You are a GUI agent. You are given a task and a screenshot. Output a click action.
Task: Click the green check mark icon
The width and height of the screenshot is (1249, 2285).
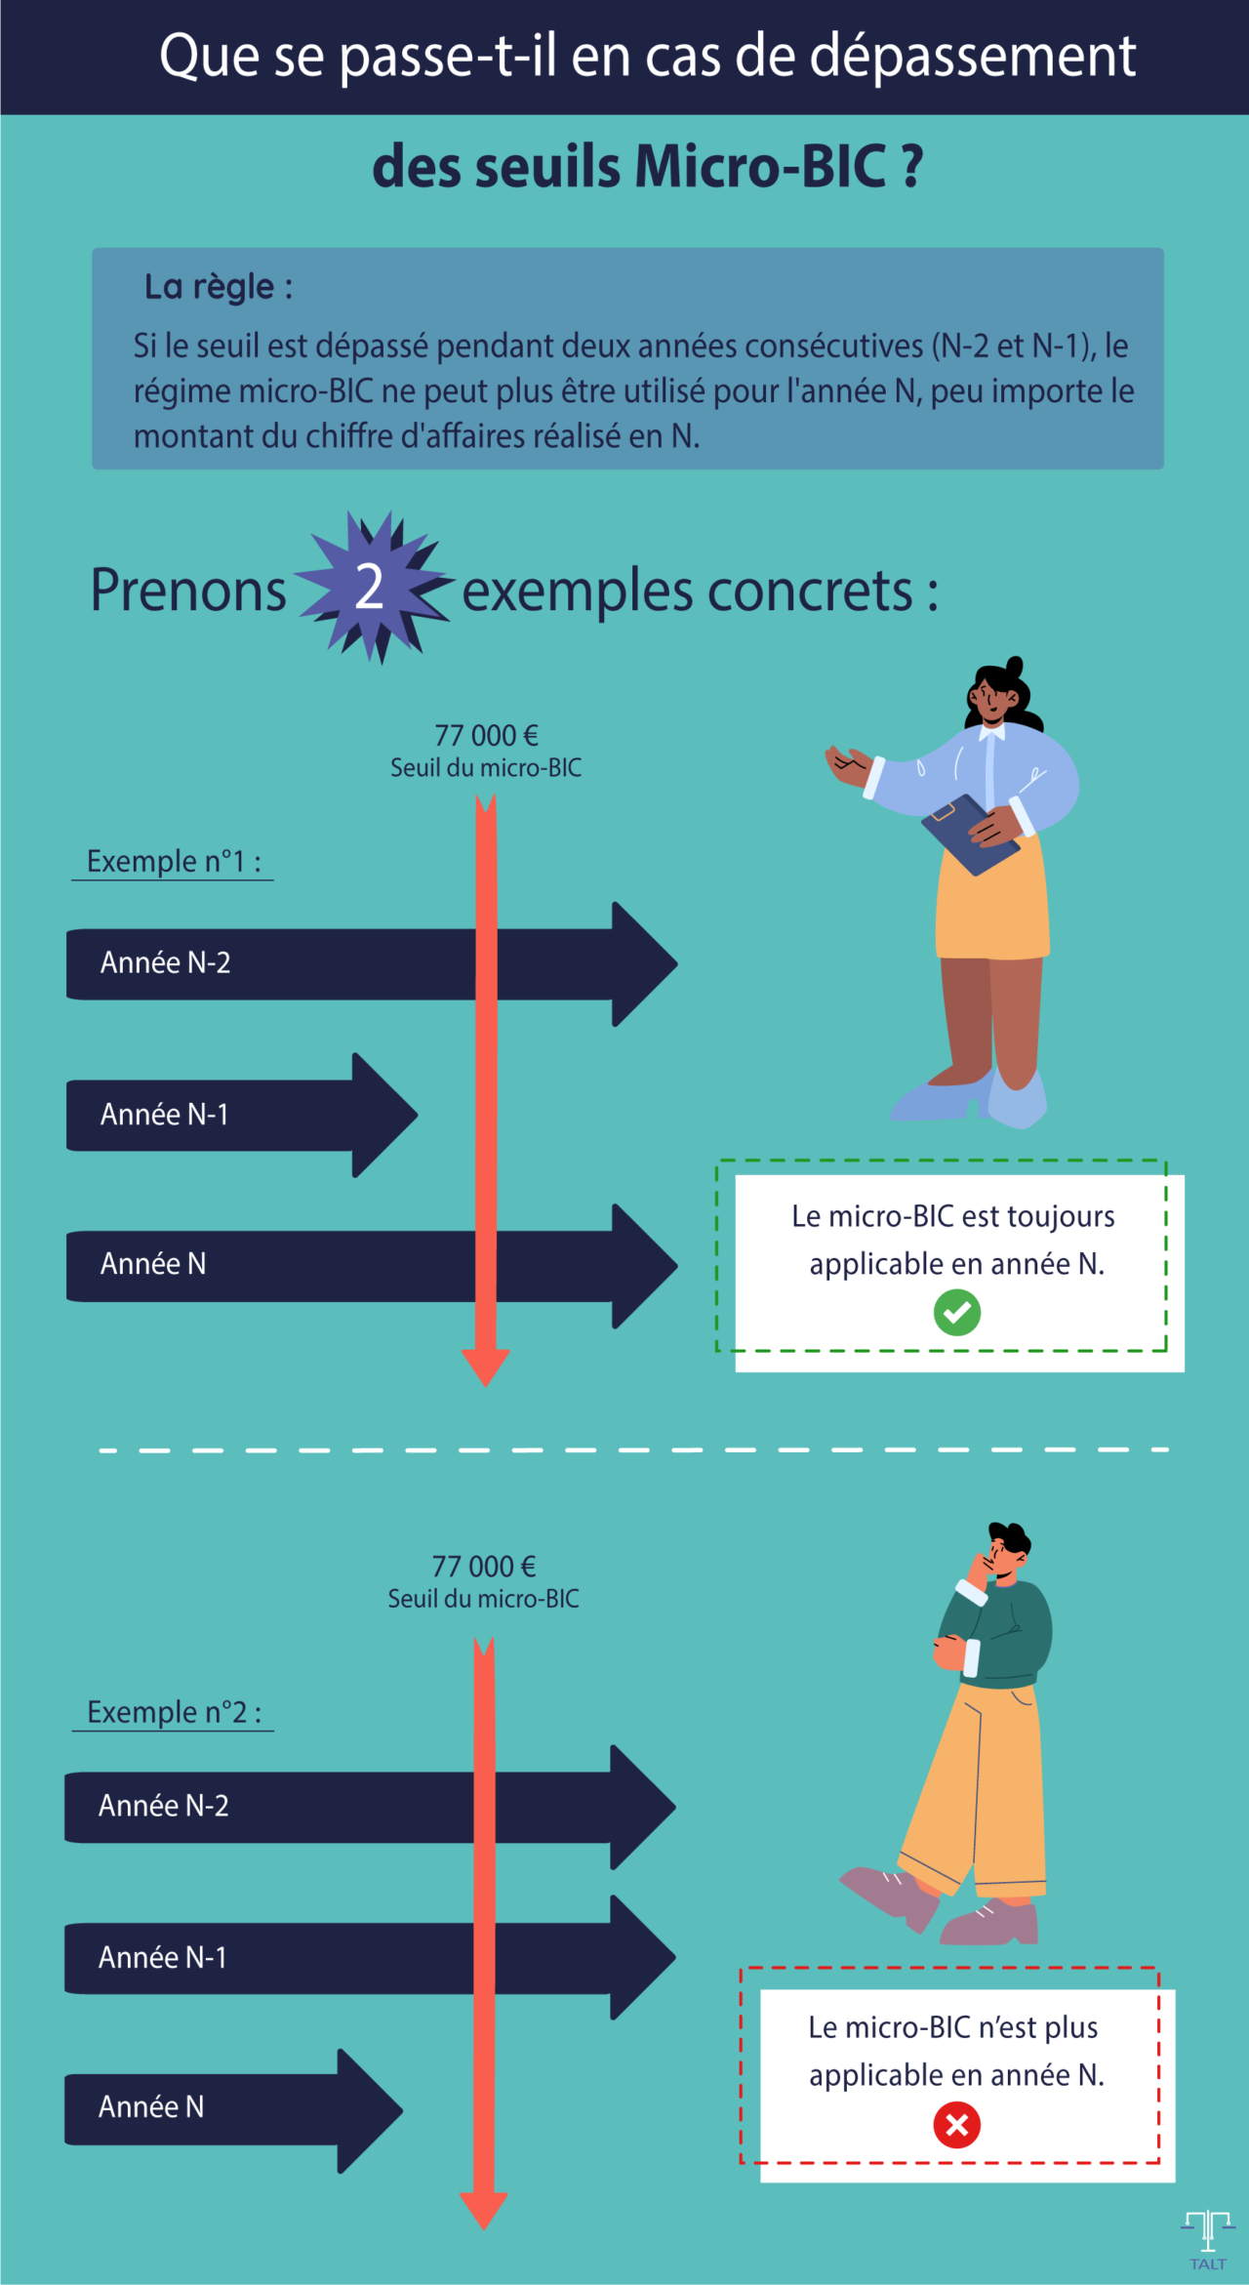tap(956, 1312)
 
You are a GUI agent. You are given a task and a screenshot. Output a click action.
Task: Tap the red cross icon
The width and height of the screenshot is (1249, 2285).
tap(956, 2125)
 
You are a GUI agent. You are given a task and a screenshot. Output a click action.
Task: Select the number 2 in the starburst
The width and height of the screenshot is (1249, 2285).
tap(369, 588)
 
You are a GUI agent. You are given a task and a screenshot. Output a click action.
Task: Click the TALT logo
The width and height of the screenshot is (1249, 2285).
tap(1208, 2239)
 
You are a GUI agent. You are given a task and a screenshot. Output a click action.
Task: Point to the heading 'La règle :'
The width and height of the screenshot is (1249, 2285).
tap(218, 287)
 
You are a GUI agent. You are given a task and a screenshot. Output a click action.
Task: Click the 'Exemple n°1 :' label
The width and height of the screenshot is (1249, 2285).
tap(173, 861)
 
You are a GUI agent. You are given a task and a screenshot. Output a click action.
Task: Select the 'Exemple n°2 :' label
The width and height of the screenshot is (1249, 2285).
tap(174, 1712)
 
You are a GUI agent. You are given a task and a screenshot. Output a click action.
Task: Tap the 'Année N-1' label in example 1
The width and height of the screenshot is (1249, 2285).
tap(164, 1114)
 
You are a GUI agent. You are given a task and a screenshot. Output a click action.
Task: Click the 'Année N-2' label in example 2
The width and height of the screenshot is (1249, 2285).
tap(163, 1806)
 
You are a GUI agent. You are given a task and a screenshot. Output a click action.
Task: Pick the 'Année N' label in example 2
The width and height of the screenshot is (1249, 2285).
tap(151, 2106)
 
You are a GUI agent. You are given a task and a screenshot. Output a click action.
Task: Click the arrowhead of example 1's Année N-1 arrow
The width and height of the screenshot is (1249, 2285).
tap(385, 1115)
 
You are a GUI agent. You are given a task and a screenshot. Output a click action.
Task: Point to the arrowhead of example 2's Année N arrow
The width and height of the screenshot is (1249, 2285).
tap(371, 2110)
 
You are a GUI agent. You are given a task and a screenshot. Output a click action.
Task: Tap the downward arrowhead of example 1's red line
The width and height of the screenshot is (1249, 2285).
tap(485, 1367)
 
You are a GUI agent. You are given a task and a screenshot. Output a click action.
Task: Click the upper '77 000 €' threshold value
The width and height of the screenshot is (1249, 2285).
tap(486, 735)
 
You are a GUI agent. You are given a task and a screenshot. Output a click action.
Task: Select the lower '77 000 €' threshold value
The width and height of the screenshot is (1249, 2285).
tap(484, 1567)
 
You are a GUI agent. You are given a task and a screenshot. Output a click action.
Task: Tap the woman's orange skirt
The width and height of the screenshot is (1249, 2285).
tap(990, 908)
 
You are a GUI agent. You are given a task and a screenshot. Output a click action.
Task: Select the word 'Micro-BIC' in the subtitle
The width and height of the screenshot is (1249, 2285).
tap(760, 166)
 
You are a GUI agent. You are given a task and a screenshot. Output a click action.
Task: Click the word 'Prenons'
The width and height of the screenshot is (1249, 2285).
tap(188, 591)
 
